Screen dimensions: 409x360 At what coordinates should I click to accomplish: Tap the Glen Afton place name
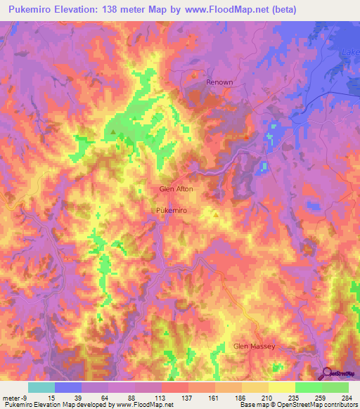(176, 189)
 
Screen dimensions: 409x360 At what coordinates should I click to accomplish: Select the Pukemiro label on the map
(172, 210)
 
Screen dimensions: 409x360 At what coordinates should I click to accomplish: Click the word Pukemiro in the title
(34, 10)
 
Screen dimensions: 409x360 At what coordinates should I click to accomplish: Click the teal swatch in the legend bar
(41, 387)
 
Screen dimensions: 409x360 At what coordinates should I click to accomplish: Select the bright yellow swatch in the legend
(282, 387)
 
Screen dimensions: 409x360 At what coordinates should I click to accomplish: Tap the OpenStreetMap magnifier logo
(328, 373)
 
